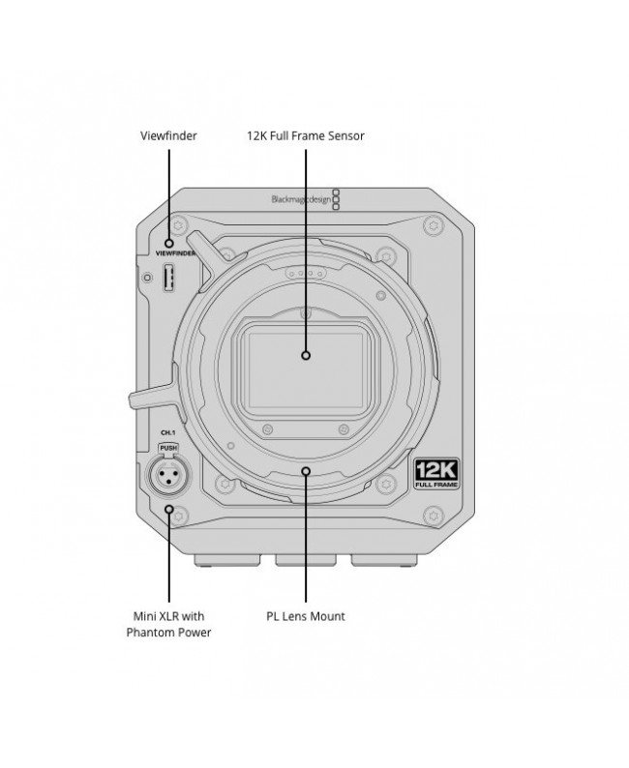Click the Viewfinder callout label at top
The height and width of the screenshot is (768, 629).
coord(168,135)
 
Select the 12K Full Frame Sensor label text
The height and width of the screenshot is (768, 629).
coord(305,135)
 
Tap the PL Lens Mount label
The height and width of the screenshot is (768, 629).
coord(305,616)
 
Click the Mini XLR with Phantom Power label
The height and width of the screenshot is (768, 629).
coord(168,624)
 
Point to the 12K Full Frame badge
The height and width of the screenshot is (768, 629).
coord(436,474)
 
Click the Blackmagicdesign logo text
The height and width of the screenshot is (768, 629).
coord(301,199)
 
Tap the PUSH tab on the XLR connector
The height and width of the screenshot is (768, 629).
coord(168,448)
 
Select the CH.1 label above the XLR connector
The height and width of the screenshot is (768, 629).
coord(168,433)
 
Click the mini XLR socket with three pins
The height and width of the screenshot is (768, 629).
coord(169,476)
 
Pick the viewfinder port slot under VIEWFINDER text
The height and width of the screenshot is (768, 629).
coord(168,279)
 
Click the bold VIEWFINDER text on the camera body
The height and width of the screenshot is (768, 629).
coord(175,253)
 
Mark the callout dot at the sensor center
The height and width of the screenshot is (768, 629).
coord(306,355)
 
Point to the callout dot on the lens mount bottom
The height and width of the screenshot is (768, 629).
coord(306,471)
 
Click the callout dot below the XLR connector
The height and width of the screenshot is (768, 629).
coord(169,509)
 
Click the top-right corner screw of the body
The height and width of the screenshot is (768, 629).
coord(434,225)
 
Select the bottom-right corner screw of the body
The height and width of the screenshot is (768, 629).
coord(434,516)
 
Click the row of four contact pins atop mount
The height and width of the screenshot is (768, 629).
coord(306,274)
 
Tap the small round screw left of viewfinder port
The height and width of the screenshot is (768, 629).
coord(147,278)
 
